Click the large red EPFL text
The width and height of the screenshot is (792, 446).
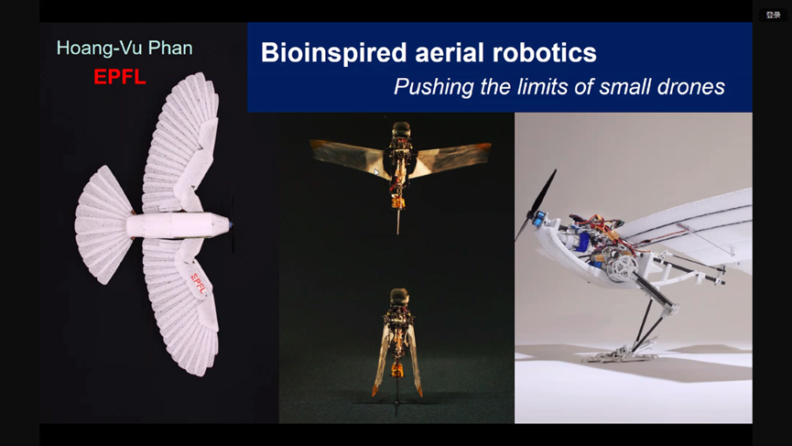(x=120, y=77)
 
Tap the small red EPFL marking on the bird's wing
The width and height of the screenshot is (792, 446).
(x=199, y=284)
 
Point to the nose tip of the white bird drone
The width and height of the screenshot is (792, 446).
(x=231, y=223)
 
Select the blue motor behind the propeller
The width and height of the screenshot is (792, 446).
(x=539, y=218)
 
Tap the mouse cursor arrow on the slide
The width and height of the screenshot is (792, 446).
(x=377, y=173)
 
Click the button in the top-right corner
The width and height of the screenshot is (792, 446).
(x=773, y=16)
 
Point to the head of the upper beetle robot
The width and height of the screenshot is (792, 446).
(x=401, y=130)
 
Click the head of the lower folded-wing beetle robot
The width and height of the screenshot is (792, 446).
(x=399, y=297)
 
